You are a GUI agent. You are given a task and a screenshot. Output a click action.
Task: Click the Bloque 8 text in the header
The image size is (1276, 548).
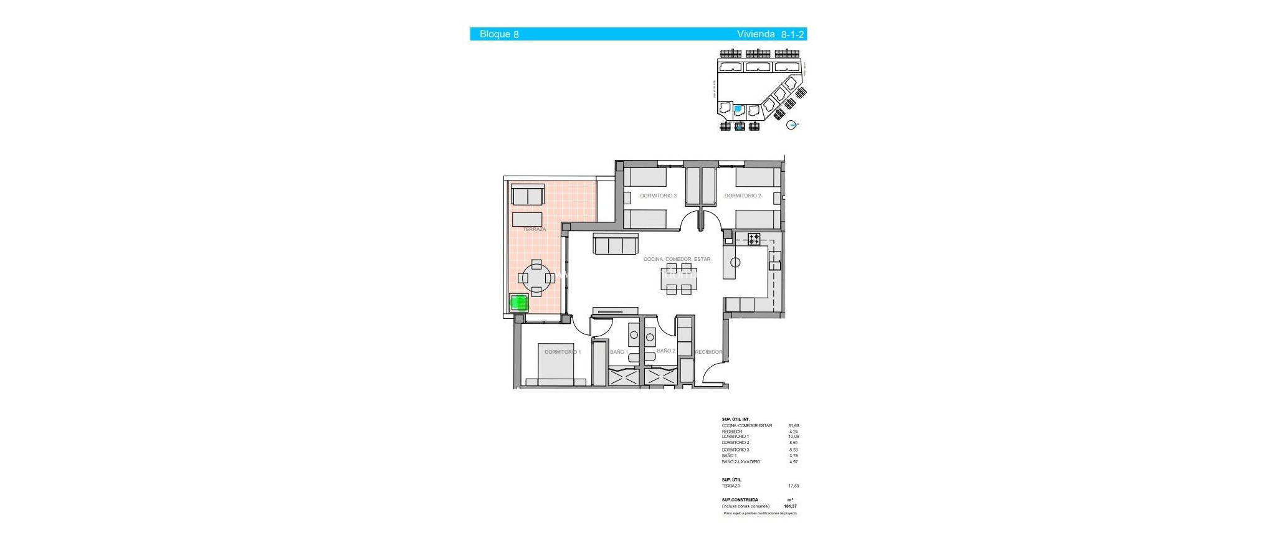pyautogui.click(x=498, y=34)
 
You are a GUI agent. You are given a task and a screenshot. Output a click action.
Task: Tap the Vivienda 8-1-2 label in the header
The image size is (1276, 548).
pyautogui.click(x=770, y=34)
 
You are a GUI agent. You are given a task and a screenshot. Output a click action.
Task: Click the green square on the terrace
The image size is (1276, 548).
pyautogui.click(x=519, y=303)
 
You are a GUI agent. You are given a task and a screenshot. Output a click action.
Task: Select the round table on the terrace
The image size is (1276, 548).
pyautogui.click(x=536, y=278)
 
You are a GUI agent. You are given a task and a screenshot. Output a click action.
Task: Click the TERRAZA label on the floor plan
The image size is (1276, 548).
pyautogui.click(x=534, y=229)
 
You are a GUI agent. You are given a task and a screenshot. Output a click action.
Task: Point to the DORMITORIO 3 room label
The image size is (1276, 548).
pyautogui.click(x=658, y=196)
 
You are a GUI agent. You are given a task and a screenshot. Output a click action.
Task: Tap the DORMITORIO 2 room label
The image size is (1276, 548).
pyautogui.click(x=742, y=196)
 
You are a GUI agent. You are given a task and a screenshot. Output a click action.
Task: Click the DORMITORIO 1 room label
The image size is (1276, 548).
pyautogui.click(x=563, y=352)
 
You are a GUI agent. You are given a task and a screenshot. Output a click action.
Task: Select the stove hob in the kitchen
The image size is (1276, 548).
pyautogui.click(x=754, y=239)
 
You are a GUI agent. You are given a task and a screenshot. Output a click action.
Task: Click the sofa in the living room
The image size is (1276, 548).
pyautogui.click(x=616, y=244)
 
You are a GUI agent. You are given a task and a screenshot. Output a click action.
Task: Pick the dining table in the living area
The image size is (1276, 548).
pyautogui.click(x=678, y=278)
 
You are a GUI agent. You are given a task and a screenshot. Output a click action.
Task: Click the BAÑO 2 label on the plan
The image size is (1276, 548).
pyautogui.click(x=666, y=351)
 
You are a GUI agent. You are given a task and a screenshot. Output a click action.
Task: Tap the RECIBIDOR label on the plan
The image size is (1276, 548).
pyautogui.click(x=708, y=352)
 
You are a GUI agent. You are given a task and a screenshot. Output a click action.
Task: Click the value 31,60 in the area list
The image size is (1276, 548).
pyautogui.click(x=793, y=426)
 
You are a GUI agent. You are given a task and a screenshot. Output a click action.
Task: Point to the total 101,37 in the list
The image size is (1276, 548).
pyautogui.click(x=791, y=506)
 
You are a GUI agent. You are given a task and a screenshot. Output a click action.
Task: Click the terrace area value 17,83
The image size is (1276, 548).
pyautogui.click(x=793, y=486)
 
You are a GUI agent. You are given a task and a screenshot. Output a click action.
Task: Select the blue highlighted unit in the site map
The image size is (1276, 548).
pyautogui.click(x=738, y=109)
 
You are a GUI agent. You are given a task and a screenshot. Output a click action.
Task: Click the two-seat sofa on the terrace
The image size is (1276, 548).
pyautogui.click(x=528, y=195)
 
